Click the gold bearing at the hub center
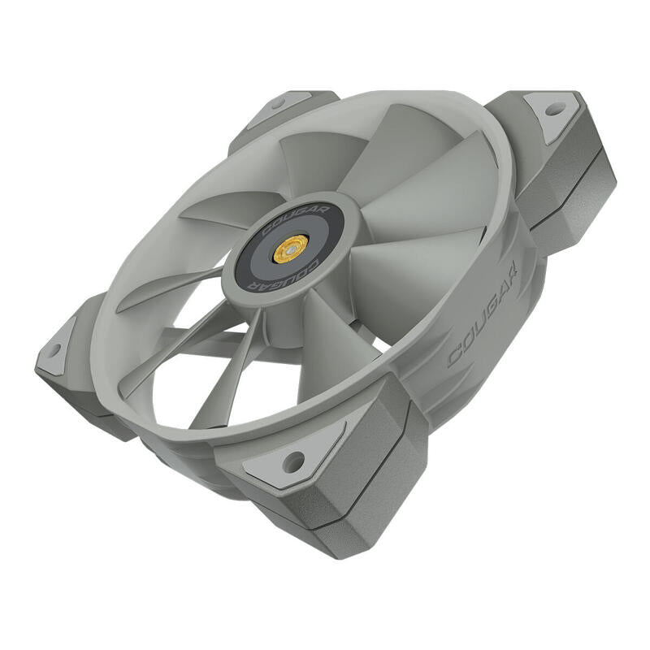click(290, 249)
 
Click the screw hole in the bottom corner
click(292, 461)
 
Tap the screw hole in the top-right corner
click(554, 108)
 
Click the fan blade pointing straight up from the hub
click(317, 162)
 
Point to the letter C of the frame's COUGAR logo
click(454, 356)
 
